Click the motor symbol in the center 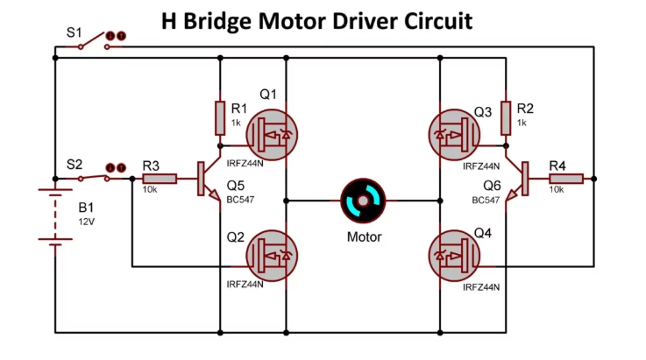point(361,201)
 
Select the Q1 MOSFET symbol point(267,134)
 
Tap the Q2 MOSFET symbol point(267,256)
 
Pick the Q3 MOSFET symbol point(455,134)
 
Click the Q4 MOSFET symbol point(455,256)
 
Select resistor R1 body point(220,117)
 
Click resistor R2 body point(506,117)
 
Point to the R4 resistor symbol point(565,179)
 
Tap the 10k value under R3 point(151,190)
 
